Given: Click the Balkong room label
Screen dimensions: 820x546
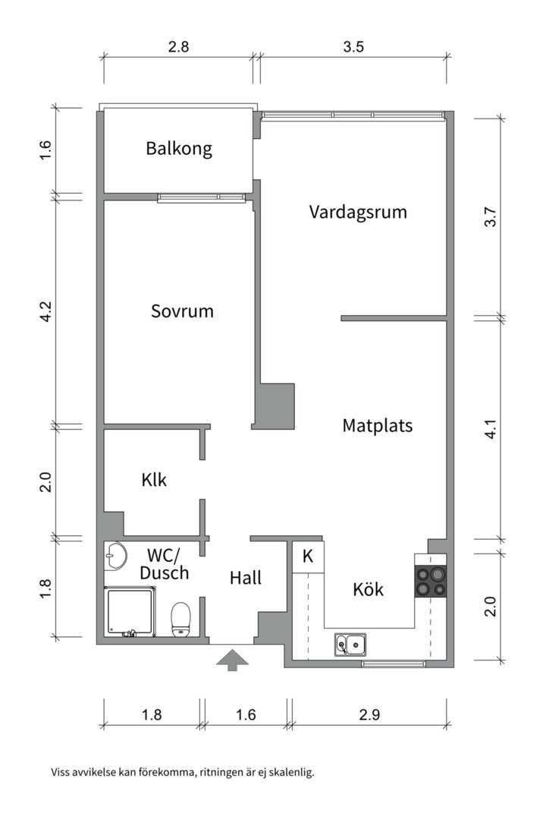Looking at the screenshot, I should tap(179, 148).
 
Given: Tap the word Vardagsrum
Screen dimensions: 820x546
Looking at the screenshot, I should tap(357, 212).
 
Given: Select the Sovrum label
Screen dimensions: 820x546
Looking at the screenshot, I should tap(182, 311).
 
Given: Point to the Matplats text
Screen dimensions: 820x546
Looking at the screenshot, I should tap(377, 425).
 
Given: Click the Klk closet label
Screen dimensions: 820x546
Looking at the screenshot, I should tap(154, 481).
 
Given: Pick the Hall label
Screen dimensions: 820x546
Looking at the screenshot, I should tap(246, 578).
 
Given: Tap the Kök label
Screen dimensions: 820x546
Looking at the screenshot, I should tap(369, 589).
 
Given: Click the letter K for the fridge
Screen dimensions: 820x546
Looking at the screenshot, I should tap(308, 556).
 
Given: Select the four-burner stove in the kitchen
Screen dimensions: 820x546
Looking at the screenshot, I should tap(430, 582).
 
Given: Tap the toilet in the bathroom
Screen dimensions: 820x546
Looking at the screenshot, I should tap(180, 618).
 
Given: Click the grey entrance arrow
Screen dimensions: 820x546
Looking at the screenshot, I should tap(232, 658).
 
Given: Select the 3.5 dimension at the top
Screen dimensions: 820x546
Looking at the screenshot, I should tap(353, 46).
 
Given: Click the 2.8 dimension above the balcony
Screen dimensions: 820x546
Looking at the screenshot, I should tap(178, 46).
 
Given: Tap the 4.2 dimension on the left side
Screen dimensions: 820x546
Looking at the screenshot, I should tap(45, 311).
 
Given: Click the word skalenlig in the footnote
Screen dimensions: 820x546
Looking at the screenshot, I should tap(290, 773).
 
